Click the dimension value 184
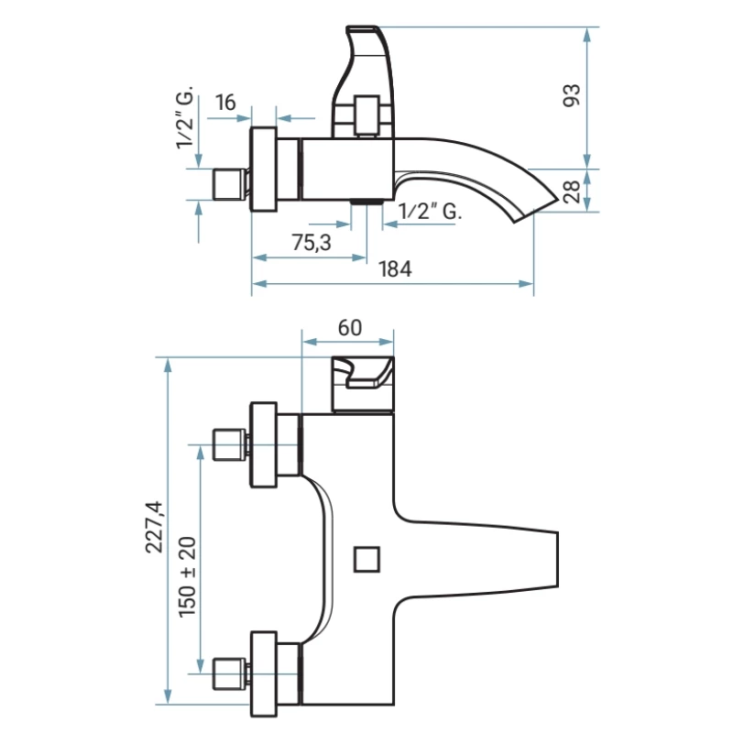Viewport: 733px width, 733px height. pos(394,269)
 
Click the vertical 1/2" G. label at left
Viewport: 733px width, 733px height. pos(186,119)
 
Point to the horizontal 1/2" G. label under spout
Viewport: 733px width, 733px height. pos(429,212)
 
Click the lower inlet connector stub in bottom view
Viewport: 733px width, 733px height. pos(231,674)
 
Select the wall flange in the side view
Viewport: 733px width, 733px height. pos(264,170)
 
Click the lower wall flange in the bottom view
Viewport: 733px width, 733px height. pos(265,674)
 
